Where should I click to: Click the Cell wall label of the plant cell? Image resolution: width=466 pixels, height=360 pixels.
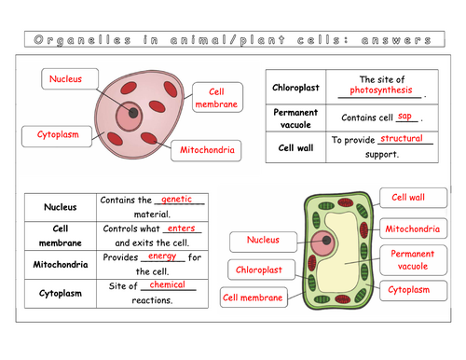pyautogui.click(x=407, y=198)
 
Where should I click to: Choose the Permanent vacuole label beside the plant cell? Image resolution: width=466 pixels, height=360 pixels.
pyautogui.click(x=412, y=260)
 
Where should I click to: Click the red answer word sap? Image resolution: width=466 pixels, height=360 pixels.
pyautogui.click(x=404, y=117)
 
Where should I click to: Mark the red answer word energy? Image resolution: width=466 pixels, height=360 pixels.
pyautogui.click(x=162, y=256)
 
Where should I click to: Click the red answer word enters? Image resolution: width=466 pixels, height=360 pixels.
pyautogui.click(x=181, y=228)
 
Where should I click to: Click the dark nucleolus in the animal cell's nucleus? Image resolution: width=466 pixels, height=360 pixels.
pyautogui.click(x=134, y=113)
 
